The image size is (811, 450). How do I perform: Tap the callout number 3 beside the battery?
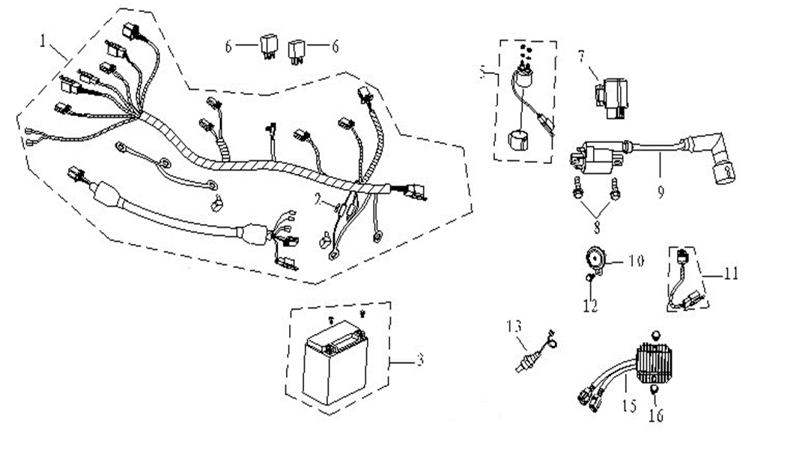[x=420, y=361]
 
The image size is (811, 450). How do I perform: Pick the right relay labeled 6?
[x=298, y=46]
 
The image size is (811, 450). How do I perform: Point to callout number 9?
[x=660, y=192]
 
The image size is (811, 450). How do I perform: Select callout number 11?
[x=730, y=275]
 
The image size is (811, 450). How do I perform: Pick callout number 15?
[x=628, y=406]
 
